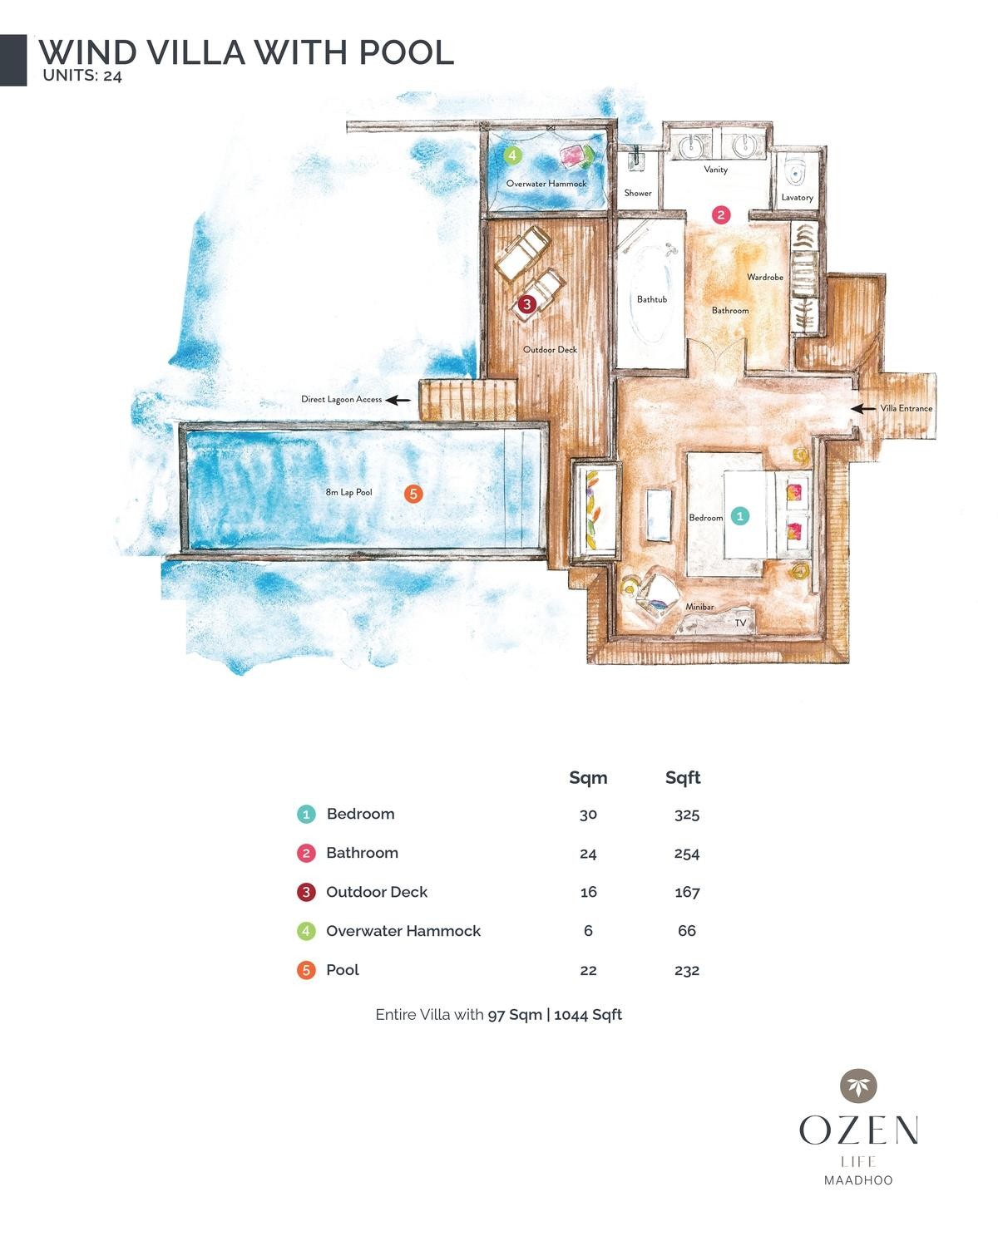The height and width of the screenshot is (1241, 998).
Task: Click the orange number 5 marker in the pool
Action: (x=413, y=494)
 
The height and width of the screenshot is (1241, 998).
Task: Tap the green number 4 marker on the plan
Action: (x=512, y=155)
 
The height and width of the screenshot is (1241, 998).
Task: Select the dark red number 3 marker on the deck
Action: (x=526, y=305)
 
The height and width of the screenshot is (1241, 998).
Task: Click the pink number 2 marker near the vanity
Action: (x=721, y=214)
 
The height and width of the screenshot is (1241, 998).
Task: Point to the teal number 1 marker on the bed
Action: (x=739, y=516)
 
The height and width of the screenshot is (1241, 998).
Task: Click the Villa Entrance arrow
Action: (x=864, y=408)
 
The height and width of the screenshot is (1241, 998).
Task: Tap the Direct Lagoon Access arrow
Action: (x=398, y=400)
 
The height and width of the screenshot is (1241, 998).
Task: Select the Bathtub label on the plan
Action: (x=652, y=299)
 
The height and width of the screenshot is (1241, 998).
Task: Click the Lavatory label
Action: (x=797, y=198)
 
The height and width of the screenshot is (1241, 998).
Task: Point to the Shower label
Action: (x=638, y=193)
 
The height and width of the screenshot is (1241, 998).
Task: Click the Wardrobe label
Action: (x=765, y=277)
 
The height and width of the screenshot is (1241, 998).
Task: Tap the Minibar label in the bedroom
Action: (x=699, y=607)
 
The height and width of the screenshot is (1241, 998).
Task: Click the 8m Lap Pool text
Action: (x=348, y=492)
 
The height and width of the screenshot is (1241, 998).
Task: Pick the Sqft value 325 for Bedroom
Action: (x=687, y=815)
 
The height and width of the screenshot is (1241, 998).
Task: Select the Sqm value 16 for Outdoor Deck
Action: (x=588, y=892)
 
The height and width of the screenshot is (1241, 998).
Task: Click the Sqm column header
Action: (x=588, y=778)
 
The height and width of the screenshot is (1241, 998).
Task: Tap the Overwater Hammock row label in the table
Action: (x=403, y=931)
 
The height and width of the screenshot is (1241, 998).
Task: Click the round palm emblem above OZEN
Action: (x=858, y=1086)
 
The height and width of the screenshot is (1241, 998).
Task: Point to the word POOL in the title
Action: (x=407, y=52)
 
